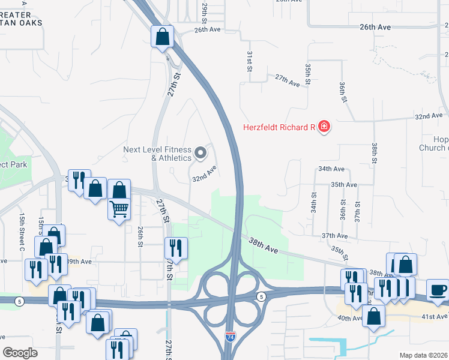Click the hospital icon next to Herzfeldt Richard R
[324, 127]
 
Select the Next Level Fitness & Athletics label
[157, 154]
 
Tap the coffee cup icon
[438, 290]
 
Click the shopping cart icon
[119, 209]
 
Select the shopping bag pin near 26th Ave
[162, 37]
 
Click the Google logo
[20, 353]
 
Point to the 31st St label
[249, 60]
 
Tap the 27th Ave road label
[287, 80]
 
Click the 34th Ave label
[331, 170]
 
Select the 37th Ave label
[334, 236]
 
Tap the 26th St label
[140, 236]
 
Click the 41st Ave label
[435, 316]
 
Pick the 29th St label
[205, 9]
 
